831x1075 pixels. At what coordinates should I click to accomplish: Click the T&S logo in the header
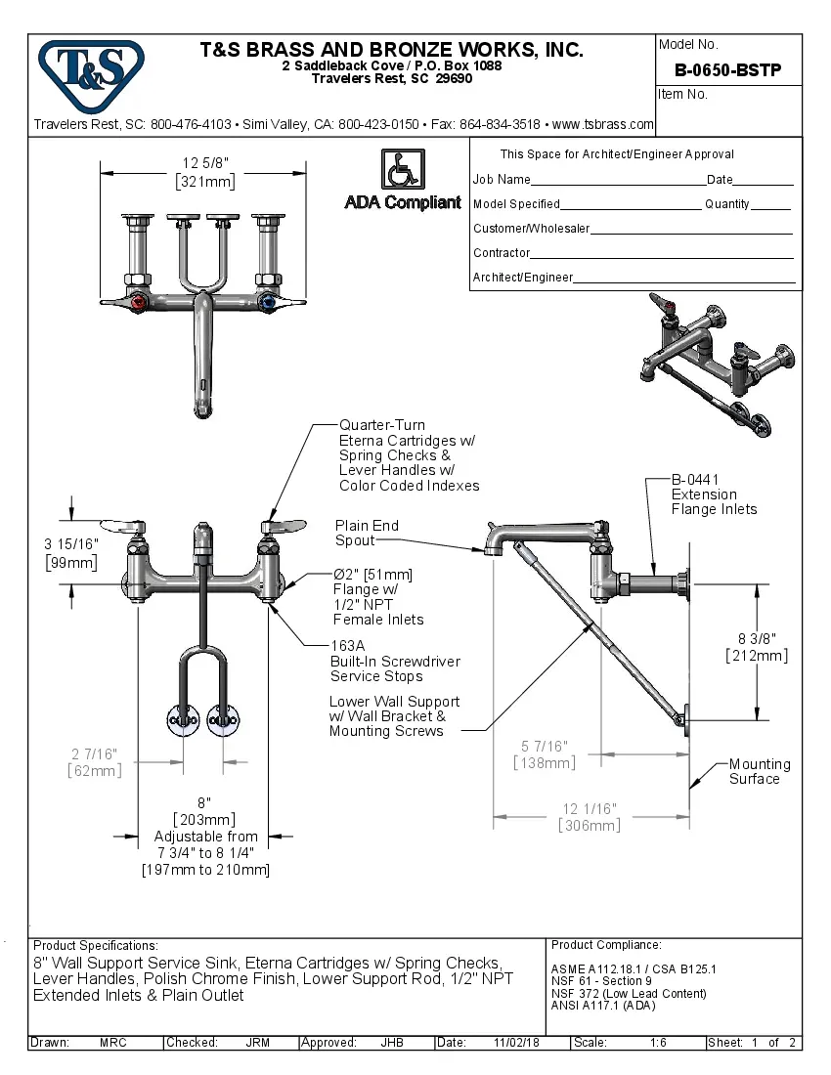(90, 72)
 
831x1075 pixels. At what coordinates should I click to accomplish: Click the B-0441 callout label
(695, 480)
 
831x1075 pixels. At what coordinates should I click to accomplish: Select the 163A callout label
(347, 646)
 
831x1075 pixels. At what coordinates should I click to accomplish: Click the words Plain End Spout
(367, 533)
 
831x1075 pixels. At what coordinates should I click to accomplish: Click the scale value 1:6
(658, 1043)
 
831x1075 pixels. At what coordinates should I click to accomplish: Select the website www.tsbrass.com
(603, 125)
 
